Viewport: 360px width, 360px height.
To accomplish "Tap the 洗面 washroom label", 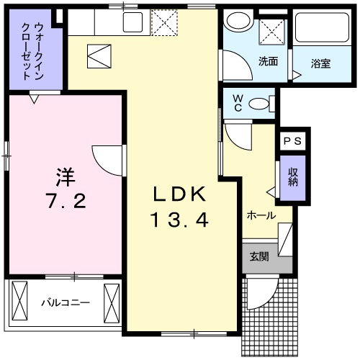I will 268,61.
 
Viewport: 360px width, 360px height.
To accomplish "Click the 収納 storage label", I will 293,177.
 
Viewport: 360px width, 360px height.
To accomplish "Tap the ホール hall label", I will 261,215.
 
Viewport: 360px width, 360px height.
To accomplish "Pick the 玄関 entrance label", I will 259,256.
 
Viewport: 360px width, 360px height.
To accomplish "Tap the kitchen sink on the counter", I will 132,22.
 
